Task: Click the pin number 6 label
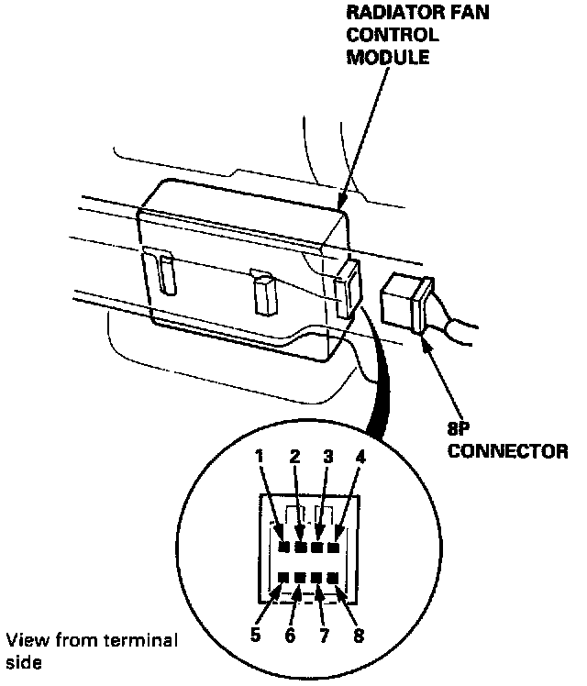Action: coord(289,634)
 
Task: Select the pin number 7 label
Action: coord(324,634)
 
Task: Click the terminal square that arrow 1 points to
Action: coord(284,548)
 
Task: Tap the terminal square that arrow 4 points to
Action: coord(333,548)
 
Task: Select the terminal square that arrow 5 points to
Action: coord(284,579)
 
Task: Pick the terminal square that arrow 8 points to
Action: coord(333,579)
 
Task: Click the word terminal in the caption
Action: coord(145,638)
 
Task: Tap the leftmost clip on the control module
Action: coord(167,274)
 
